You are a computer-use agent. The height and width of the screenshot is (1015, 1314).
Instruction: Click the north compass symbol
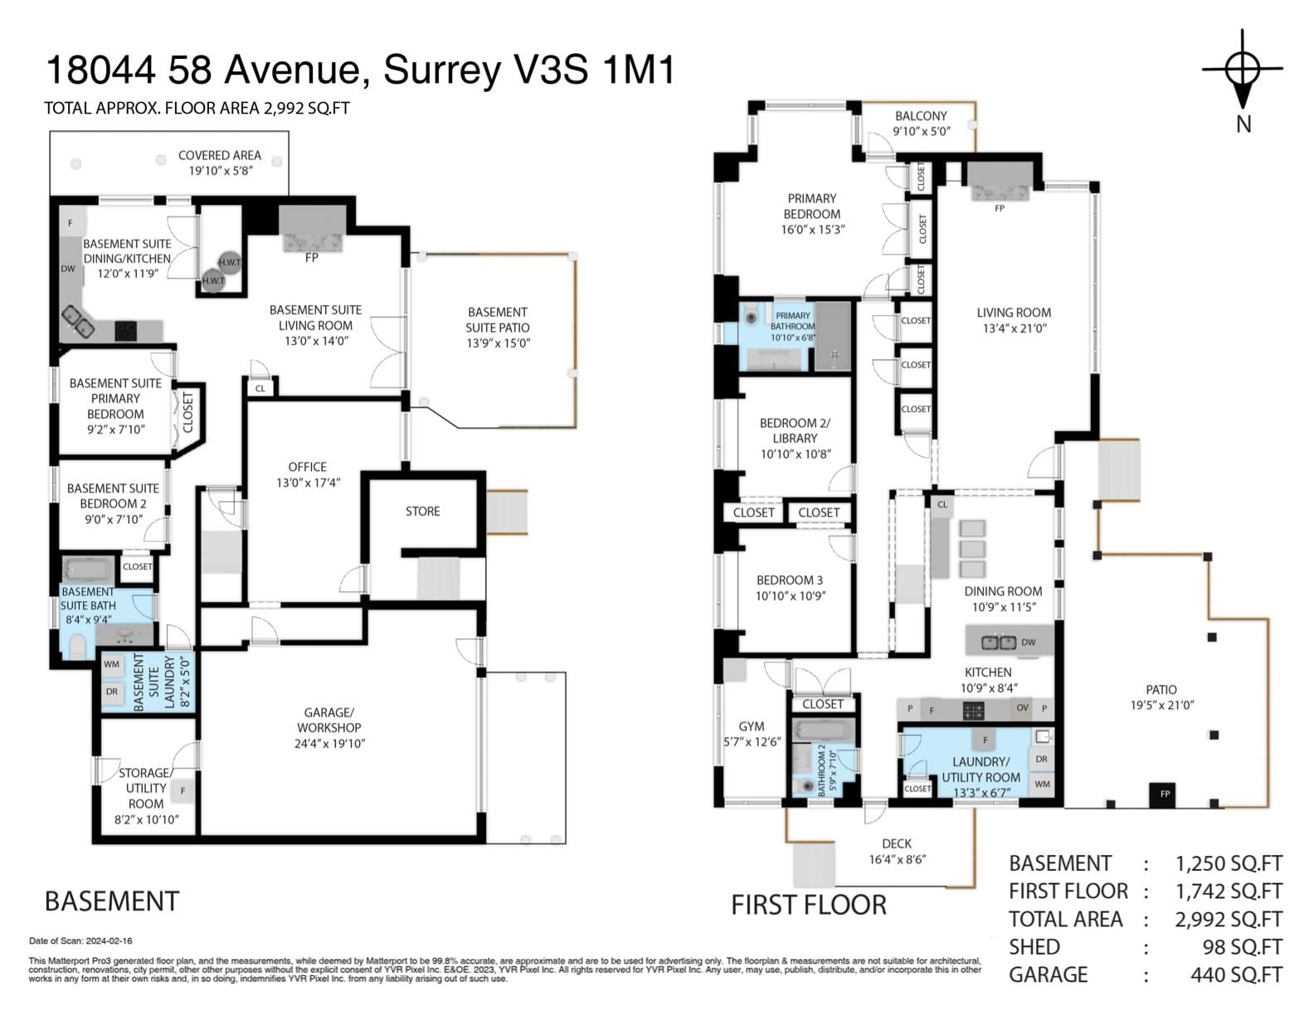click(x=1242, y=81)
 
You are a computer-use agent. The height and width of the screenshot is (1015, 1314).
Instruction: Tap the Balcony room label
click(x=921, y=115)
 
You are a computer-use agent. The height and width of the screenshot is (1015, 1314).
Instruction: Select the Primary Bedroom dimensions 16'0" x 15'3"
click(x=812, y=230)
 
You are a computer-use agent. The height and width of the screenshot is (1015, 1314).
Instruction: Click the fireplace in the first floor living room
click(x=1000, y=182)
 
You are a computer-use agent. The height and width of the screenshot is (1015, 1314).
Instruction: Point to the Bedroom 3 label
click(x=790, y=580)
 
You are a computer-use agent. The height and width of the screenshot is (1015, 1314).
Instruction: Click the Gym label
click(x=752, y=726)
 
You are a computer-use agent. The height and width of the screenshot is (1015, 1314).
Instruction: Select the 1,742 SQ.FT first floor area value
click(x=1228, y=891)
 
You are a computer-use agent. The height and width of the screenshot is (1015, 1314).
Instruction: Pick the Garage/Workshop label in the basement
click(x=329, y=720)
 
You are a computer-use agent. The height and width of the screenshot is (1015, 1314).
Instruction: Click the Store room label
click(x=423, y=512)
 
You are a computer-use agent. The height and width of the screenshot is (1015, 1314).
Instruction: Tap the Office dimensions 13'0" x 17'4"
click(x=308, y=483)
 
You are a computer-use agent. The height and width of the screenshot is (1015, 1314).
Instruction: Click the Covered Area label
click(x=220, y=155)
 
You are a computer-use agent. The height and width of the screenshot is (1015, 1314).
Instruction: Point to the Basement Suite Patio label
click(x=498, y=320)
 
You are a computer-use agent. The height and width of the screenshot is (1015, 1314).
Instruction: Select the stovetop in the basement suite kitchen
click(x=126, y=331)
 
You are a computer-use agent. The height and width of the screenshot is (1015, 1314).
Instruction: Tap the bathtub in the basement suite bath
click(x=89, y=570)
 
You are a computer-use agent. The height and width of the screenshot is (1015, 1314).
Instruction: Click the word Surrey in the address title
click(x=442, y=70)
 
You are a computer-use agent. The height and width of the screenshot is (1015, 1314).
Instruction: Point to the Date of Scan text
click(x=80, y=940)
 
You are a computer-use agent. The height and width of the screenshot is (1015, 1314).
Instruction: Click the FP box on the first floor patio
click(x=1165, y=794)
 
